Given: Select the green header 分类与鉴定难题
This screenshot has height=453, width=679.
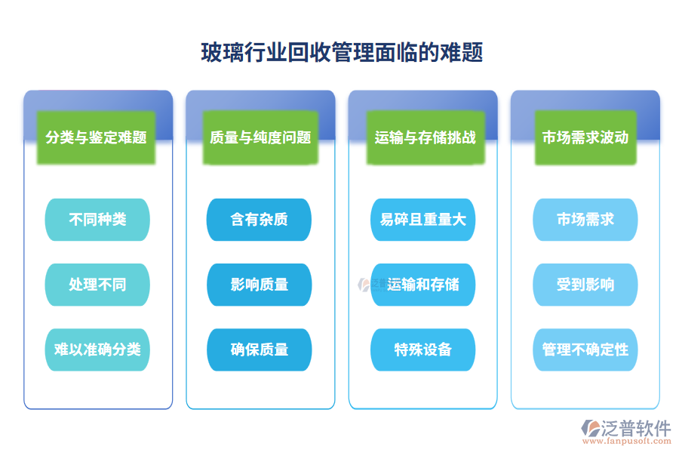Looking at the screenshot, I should click(96, 137).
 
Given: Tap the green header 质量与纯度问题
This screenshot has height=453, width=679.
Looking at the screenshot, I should click(260, 137).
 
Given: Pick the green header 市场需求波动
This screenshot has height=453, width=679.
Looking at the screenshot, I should click(585, 137).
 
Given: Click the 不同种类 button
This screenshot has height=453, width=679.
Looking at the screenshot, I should click(97, 220).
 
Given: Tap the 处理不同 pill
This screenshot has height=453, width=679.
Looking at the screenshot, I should click(97, 285).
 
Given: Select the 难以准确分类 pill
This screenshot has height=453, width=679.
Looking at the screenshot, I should click(97, 350).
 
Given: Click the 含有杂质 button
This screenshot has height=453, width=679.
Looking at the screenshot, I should click(260, 220).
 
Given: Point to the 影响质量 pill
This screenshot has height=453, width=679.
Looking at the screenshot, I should click(260, 285).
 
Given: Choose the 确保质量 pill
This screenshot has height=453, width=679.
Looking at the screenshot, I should click(260, 350).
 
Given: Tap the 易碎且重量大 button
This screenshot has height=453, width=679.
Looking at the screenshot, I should click(423, 220).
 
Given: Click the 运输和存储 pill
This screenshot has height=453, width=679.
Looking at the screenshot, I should click(423, 285).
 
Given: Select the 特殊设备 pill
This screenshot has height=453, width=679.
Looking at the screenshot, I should click(423, 350).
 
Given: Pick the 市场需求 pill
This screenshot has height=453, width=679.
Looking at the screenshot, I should click(585, 220).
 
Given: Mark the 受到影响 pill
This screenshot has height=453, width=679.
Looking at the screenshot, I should click(585, 285).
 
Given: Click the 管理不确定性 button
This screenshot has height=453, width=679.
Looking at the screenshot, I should click(585, 350).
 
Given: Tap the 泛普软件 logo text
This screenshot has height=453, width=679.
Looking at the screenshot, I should click(635, 428).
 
